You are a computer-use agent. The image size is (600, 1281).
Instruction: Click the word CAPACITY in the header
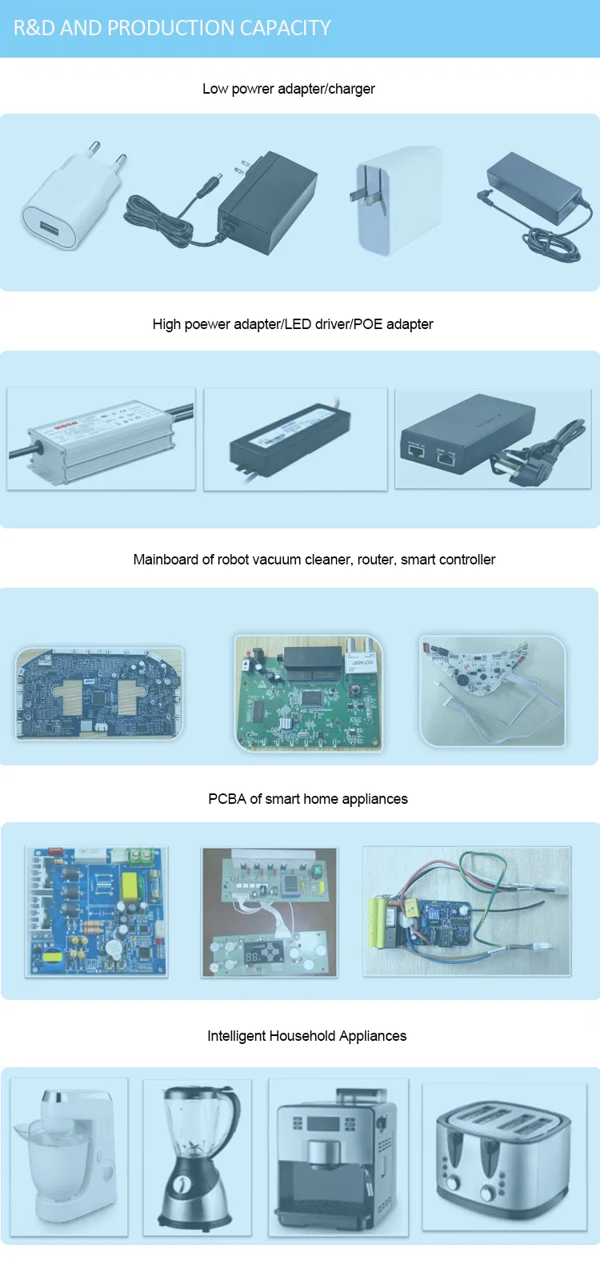pyautogui.click(x=286, y=28)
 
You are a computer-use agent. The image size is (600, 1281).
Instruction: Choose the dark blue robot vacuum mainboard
pyautogui.click(x=98, y=693)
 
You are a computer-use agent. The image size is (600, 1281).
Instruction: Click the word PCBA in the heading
pyautogui.click(x=227, y=799)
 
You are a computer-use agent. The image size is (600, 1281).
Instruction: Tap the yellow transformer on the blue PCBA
pyautogui.click(x=129, y=886)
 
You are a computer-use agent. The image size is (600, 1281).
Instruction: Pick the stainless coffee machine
pyautogui.click(x=337, y=1157)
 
